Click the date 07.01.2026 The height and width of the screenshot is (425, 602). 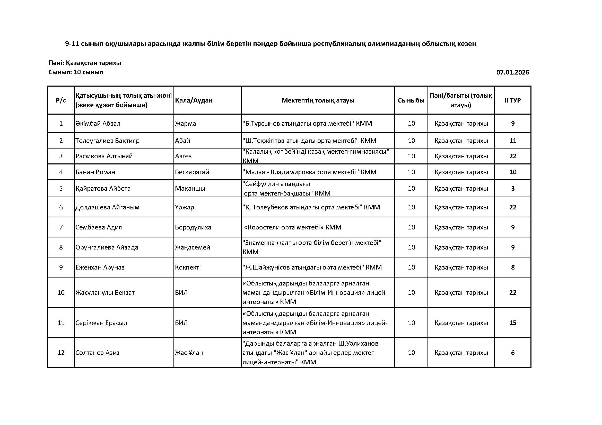coord(512,72)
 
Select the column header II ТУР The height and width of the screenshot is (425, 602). coord(512,100)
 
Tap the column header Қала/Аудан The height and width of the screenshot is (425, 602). coord(194,100)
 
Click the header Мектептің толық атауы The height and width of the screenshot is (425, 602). coord(318,100)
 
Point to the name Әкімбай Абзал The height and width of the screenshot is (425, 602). coord(98,124)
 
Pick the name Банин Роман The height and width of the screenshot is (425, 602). coord(95,172)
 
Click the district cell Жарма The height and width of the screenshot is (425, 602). coord(185,124)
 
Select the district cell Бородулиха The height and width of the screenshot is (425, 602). coord(193,227)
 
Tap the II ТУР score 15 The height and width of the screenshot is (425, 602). coord(513,323)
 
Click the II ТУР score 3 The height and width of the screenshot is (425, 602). coord(513,188)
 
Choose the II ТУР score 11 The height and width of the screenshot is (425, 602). coord(513,141)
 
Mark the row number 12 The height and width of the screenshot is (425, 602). coord(61,353)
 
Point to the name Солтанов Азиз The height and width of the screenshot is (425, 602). coord(97,353)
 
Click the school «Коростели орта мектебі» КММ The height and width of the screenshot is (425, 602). coord(292,227)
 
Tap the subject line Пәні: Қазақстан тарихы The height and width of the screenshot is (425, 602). coord(85,63)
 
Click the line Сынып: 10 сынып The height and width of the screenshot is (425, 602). coord(76,72)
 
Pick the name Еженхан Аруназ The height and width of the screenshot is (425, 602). coord(100,267)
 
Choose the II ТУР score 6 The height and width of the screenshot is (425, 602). coord(513,353)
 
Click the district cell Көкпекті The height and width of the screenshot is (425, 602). coord(188,267)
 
